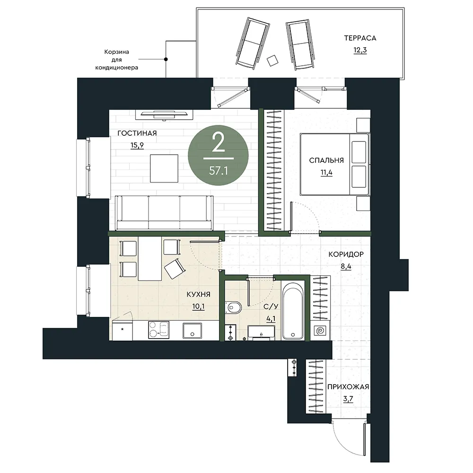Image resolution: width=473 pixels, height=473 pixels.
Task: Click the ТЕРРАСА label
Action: click(x=360, y=38)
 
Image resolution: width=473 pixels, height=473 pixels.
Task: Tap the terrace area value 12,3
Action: click(x=360, y=50)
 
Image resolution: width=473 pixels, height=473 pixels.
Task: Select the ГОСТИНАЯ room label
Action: click(x=137, y=133)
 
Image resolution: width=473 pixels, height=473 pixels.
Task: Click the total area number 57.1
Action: click(x=219, y=171)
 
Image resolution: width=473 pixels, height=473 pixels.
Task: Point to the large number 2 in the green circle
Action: click(x=219, y=143)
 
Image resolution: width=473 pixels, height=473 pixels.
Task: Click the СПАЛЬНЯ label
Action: click(x=326, y=160)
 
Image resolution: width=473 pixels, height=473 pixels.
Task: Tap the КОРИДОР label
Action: click(x=346, y=254)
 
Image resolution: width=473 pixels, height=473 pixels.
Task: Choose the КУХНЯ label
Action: click(x=199, y=294)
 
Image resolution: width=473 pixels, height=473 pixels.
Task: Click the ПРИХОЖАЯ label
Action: click(x=348, y=387)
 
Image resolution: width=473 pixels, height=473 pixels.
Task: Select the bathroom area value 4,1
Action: click(x=271, y=318)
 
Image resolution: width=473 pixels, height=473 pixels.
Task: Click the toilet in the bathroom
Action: click(x=234, y=308)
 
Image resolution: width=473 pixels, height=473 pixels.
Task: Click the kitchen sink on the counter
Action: click(x=192, y=331)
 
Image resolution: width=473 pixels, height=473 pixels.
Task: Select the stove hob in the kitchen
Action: click(x=158, y=330)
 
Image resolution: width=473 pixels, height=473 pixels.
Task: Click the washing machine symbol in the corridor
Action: click(x=320, y=331)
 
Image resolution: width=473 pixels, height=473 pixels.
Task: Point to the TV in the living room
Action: click(x=164, y=114)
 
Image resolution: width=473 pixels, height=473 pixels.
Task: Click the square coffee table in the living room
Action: click(x=164, y=168)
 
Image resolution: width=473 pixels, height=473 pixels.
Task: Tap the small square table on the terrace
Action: click(x=273, y=61)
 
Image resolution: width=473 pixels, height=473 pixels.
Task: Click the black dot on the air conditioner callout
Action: click(x=166, y=60)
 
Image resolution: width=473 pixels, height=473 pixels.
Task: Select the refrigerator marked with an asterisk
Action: click(x=123, y=331)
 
